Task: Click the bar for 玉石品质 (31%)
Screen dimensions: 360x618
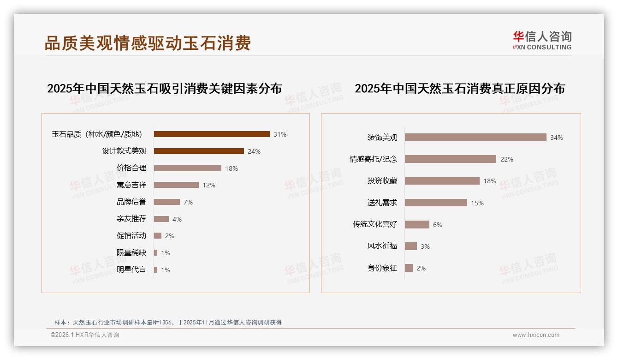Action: [212, 134]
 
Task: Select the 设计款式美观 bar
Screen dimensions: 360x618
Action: [199, 151]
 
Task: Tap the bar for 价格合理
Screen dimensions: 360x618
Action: [188, 168]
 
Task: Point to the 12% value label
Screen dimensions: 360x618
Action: [209, 185]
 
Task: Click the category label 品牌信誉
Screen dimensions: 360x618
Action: [131, 202]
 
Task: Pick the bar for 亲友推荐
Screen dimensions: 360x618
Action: [161, 219]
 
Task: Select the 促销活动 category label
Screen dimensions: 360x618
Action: [131, 236]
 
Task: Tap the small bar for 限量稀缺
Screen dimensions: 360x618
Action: [156, 253]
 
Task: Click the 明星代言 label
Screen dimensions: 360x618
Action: [131, 270]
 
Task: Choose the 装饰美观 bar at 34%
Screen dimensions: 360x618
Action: [475, 138]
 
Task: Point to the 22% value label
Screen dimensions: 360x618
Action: [507, 159]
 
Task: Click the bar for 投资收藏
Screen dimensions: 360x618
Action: [442, 181]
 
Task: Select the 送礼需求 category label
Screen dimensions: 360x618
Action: [382, 203]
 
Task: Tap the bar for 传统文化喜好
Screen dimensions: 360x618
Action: [417, 225]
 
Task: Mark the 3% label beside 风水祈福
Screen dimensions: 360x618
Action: [425, 246]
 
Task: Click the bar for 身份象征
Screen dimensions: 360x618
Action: [409, 268]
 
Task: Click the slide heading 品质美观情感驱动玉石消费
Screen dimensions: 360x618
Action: [148, 43]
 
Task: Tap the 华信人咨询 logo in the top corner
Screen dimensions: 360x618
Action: [542, 40]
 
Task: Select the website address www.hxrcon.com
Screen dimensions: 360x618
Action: [536, 335]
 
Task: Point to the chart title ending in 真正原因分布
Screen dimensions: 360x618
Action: [460, 88]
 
